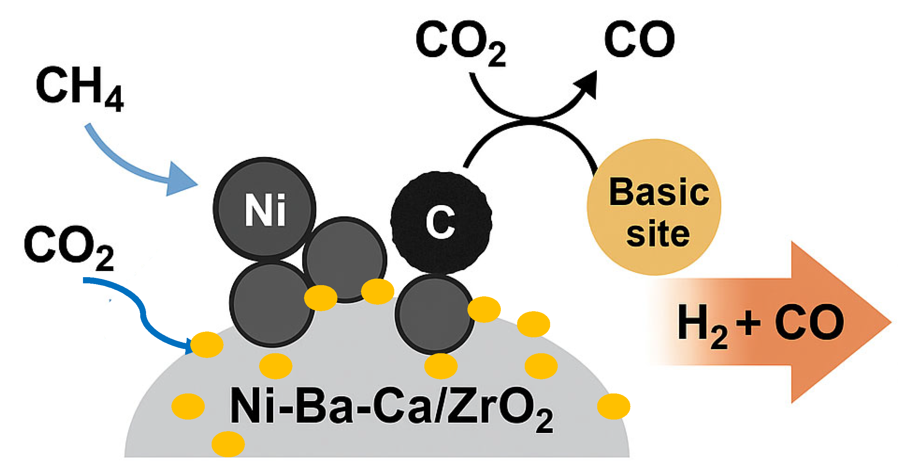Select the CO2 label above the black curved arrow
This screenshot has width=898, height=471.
tap(460, 42)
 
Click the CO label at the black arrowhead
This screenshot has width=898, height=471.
tap(640, 39)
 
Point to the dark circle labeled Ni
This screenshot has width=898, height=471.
tap(265, 209)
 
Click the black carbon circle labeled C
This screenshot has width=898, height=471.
tap(441, 222)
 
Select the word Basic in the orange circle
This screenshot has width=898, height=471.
tap(658, 192)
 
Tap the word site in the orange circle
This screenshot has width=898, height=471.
tap(658, 234)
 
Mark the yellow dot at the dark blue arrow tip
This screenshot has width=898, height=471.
tap(207, 345)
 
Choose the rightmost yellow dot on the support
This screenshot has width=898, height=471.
tap(614, 406)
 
